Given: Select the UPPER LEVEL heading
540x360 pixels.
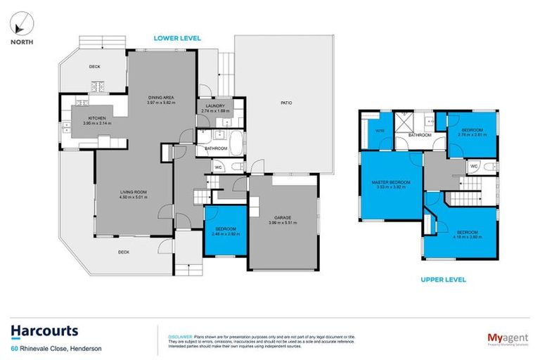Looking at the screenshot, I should click(443, 279).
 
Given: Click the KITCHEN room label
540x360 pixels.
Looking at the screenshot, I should click(96, 118).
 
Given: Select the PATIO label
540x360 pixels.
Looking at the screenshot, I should click(287, 103).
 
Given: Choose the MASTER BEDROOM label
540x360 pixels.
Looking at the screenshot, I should click(392, 182).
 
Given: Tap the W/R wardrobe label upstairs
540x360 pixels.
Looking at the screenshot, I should click(380, 130).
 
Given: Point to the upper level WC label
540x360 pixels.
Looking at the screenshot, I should click(474, 165).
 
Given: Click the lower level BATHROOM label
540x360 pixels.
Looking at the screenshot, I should click(215, 148).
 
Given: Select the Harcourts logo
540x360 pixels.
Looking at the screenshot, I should click(44, 331).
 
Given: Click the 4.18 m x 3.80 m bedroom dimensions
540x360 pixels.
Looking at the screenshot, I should click(467, 237).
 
